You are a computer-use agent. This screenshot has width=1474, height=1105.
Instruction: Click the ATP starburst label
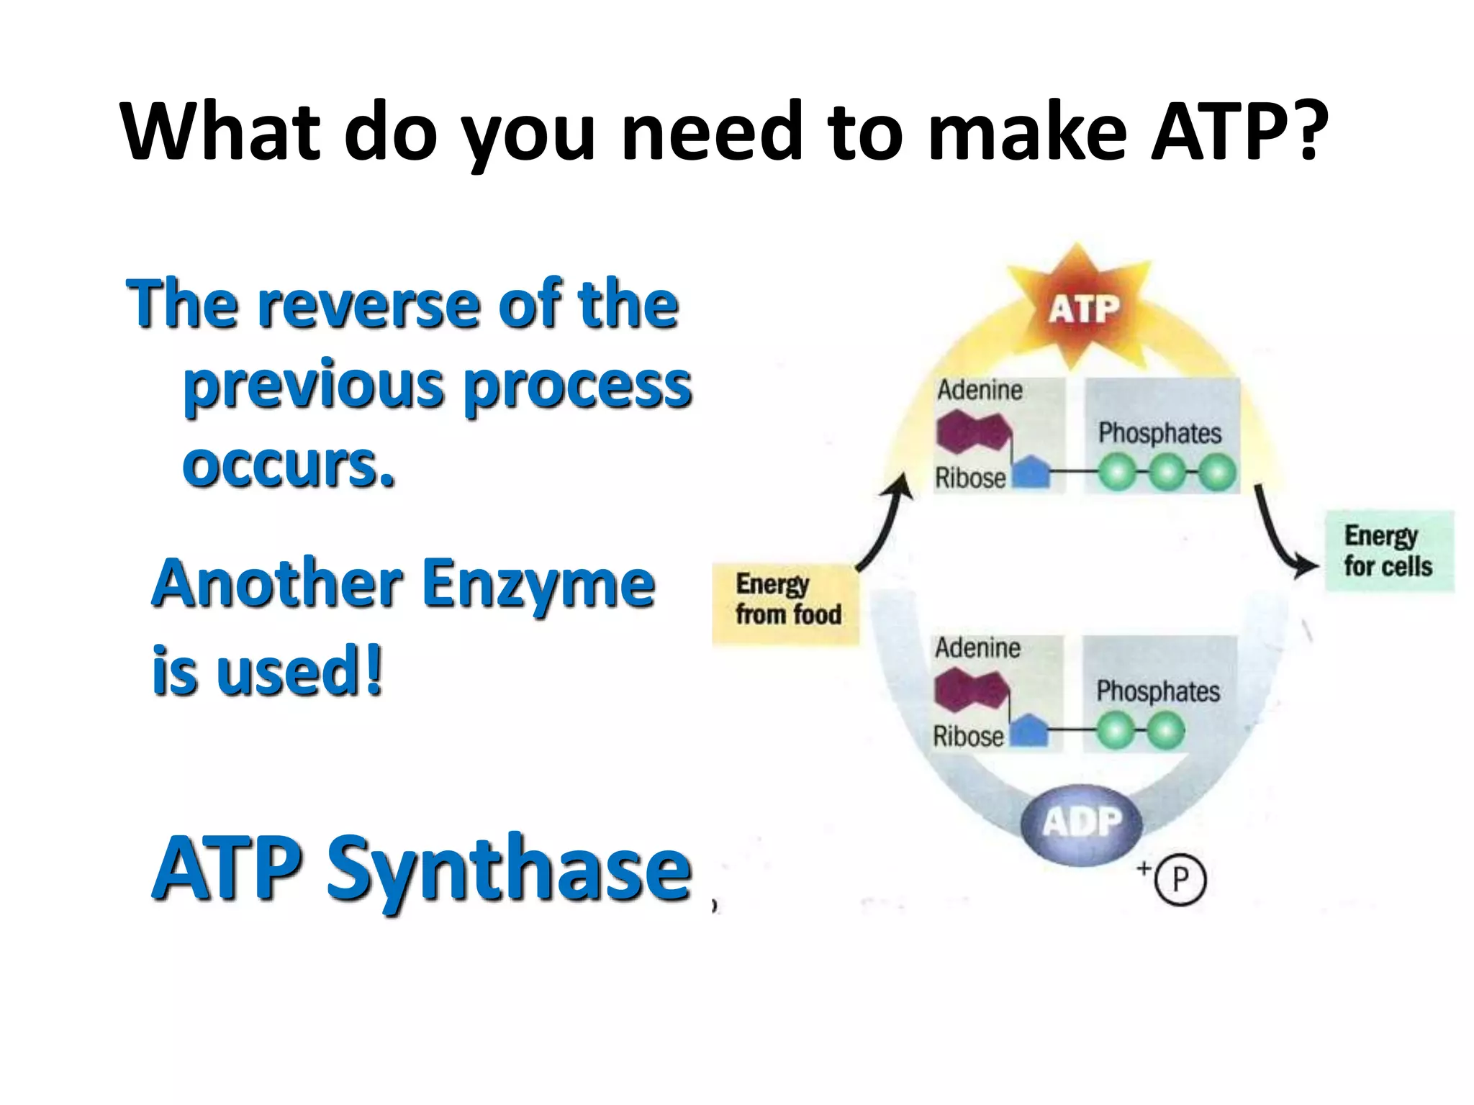1083,309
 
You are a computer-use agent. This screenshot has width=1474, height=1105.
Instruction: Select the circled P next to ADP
1180,879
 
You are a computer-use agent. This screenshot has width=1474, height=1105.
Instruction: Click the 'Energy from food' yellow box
786,602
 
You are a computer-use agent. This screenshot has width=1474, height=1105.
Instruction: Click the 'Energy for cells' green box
1388,552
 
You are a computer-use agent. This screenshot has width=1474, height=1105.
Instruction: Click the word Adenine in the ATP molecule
980,391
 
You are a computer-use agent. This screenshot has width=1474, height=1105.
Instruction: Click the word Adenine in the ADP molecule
977,648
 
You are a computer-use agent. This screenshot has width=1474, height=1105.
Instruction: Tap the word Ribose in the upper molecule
969,478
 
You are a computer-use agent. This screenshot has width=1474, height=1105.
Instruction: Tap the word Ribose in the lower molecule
968,737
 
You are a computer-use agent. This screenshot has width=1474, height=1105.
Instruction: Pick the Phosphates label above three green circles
1159,433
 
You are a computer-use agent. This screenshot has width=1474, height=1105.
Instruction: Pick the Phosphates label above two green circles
1157,691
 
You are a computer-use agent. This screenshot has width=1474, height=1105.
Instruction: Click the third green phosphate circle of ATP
1216,473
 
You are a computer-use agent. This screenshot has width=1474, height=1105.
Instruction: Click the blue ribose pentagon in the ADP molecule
1030,731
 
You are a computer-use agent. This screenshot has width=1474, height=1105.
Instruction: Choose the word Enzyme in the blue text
538,584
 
